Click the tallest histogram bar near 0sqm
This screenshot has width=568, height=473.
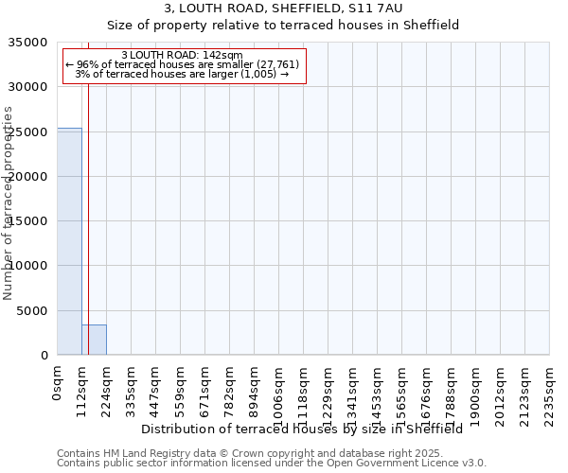tap(69, 241)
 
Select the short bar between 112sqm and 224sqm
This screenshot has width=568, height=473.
tap(94, 340)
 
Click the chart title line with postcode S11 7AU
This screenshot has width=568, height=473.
tap(283, 9)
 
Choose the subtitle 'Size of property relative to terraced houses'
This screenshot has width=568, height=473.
tap(283, 26)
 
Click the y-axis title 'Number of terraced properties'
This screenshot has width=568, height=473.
tap(9, 202)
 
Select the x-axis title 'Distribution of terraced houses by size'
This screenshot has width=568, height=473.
tap(302, 429)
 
